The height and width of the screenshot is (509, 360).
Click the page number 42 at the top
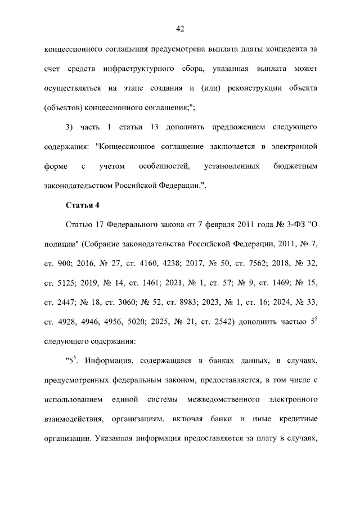tap(180, 29)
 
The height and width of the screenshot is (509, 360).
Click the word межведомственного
tap(224, 399)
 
